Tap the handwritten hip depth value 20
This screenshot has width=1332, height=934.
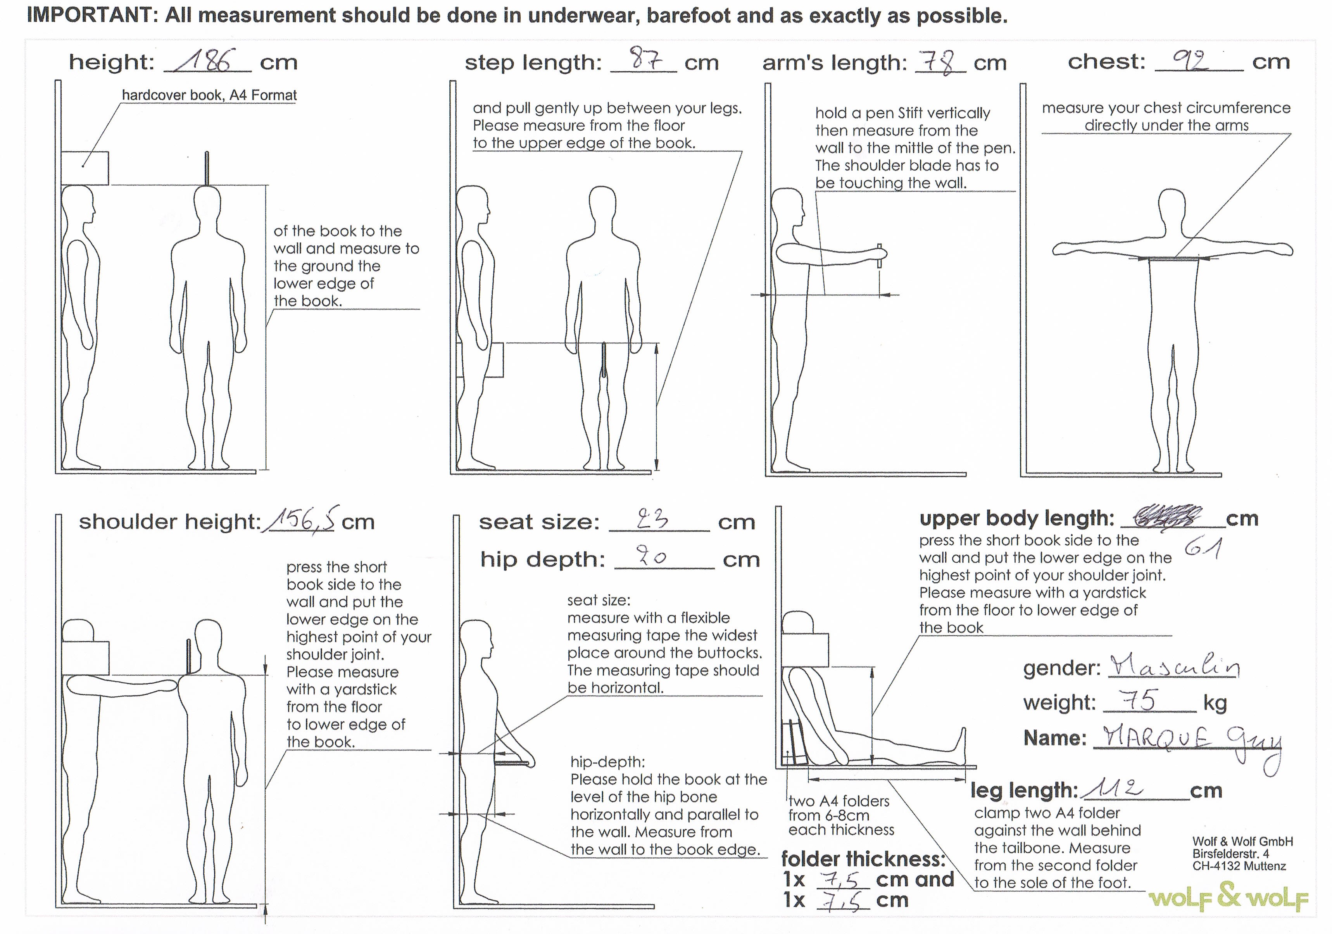[650, 556]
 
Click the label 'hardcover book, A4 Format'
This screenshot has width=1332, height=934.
[209, 95]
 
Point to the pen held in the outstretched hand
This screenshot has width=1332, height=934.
[880, 255]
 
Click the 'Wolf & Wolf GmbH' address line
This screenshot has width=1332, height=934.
[1242, 841]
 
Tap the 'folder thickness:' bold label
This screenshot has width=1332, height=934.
[863, 858]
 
